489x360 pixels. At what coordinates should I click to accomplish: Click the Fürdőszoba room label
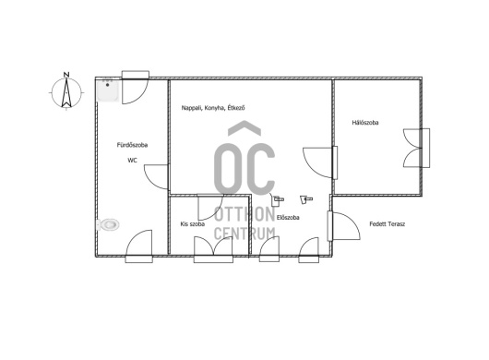click(x=132, y=145)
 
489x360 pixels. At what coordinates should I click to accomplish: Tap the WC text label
click(x=132, y=161)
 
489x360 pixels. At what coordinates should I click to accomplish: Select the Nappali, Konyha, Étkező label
click(x=213, y=108)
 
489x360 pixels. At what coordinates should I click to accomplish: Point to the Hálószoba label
click(x=365, y=122)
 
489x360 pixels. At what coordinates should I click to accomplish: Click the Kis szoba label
click(x=193, y=224)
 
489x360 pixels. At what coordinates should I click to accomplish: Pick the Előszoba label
click(x=288, y=218)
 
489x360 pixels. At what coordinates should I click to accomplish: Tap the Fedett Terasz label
click(x=387, y=224)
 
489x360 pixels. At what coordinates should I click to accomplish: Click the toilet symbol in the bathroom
click(x=108, y=224)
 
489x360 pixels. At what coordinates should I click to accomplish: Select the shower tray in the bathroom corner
click(x=108, y=90)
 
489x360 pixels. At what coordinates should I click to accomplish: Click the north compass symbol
click(x=66, y=92)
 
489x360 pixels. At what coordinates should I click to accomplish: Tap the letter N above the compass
click(x=66, y=75)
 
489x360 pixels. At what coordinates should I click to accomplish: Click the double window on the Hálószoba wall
click(x=417, y=148)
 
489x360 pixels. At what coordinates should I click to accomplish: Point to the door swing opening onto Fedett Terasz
click(x=344, y=226)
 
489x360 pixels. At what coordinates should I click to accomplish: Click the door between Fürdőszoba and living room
click(x=156, y=176)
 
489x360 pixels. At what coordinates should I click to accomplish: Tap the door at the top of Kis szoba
click(x=210, y=207)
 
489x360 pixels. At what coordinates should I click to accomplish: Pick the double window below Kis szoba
click(x=213, y=249)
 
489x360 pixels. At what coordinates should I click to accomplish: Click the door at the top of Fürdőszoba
click(x=135, y=88)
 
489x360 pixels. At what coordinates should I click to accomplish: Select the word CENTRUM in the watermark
click(x=244, y=234)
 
